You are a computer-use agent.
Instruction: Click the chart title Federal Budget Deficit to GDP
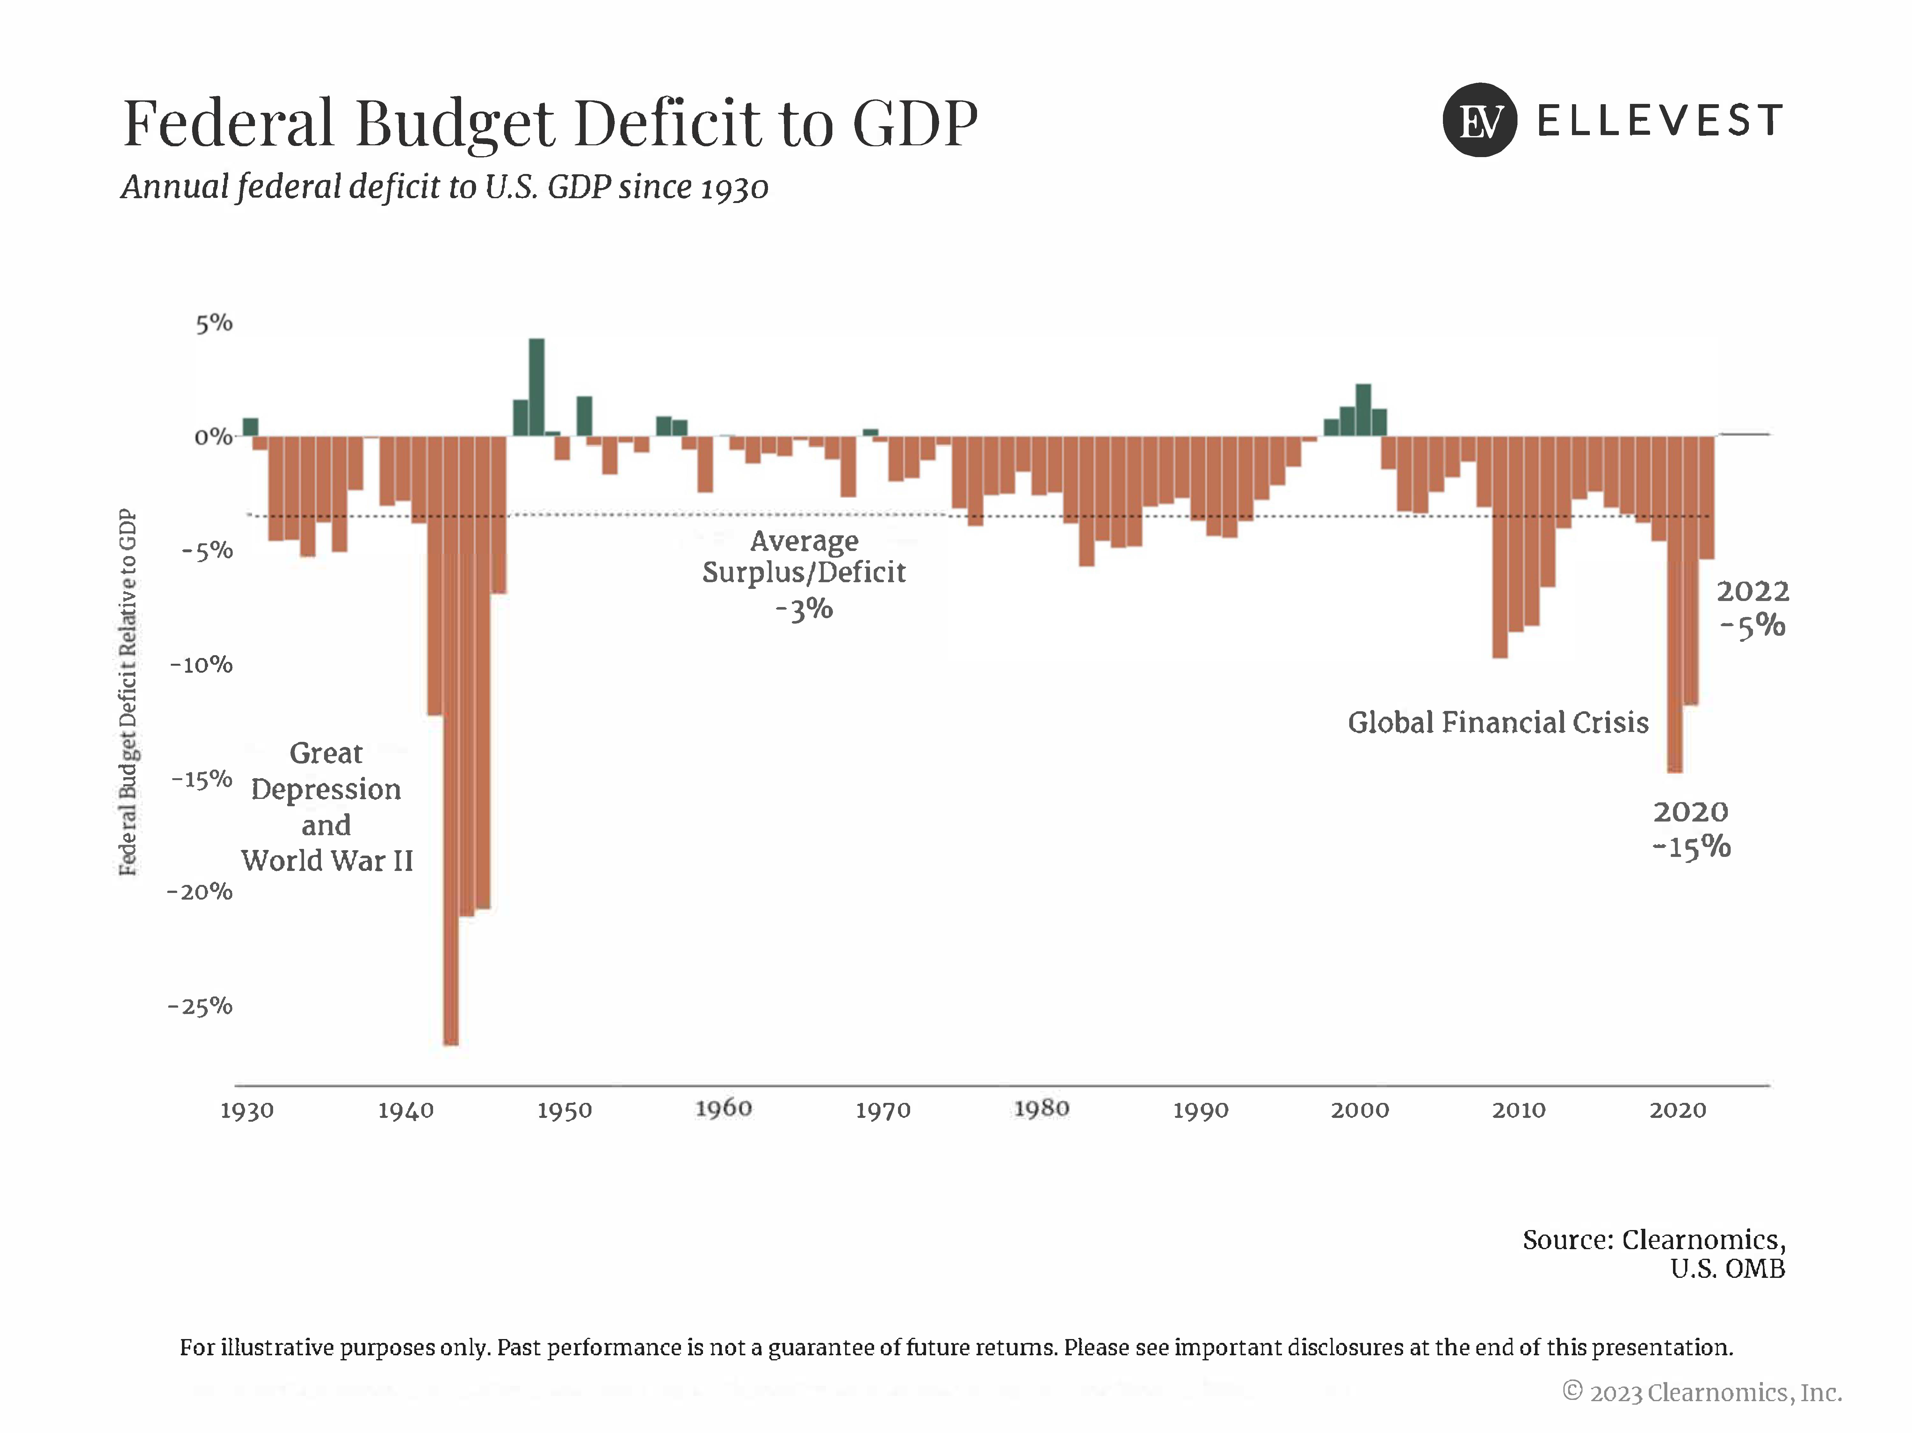coord(551,124)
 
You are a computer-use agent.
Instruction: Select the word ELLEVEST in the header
coord(1660,120)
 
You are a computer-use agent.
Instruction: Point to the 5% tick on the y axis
coord(214,323)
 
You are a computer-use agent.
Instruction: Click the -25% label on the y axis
coord(200,1006)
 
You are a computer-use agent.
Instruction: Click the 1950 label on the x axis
coord(564,1111)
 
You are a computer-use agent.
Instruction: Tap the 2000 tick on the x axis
coord(1360,1111)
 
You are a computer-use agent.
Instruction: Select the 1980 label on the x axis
coord(1042,1109)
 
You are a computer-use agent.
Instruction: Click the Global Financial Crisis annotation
coord(1498,723)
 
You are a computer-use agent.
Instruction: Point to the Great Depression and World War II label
coord(327,807)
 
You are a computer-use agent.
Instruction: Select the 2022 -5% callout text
coord(1752,609)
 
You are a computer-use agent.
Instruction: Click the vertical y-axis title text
coord(128,692)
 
